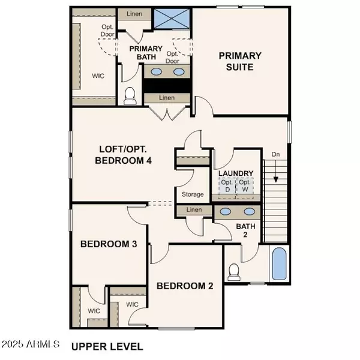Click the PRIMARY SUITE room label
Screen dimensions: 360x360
240,61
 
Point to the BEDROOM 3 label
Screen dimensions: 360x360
106,244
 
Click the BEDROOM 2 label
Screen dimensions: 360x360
185,286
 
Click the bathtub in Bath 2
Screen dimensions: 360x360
279,264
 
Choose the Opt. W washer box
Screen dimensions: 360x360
244,186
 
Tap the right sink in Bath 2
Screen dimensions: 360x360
248,211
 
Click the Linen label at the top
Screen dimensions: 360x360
134,13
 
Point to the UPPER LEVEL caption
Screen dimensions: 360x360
107,346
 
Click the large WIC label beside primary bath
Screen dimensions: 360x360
98,77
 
